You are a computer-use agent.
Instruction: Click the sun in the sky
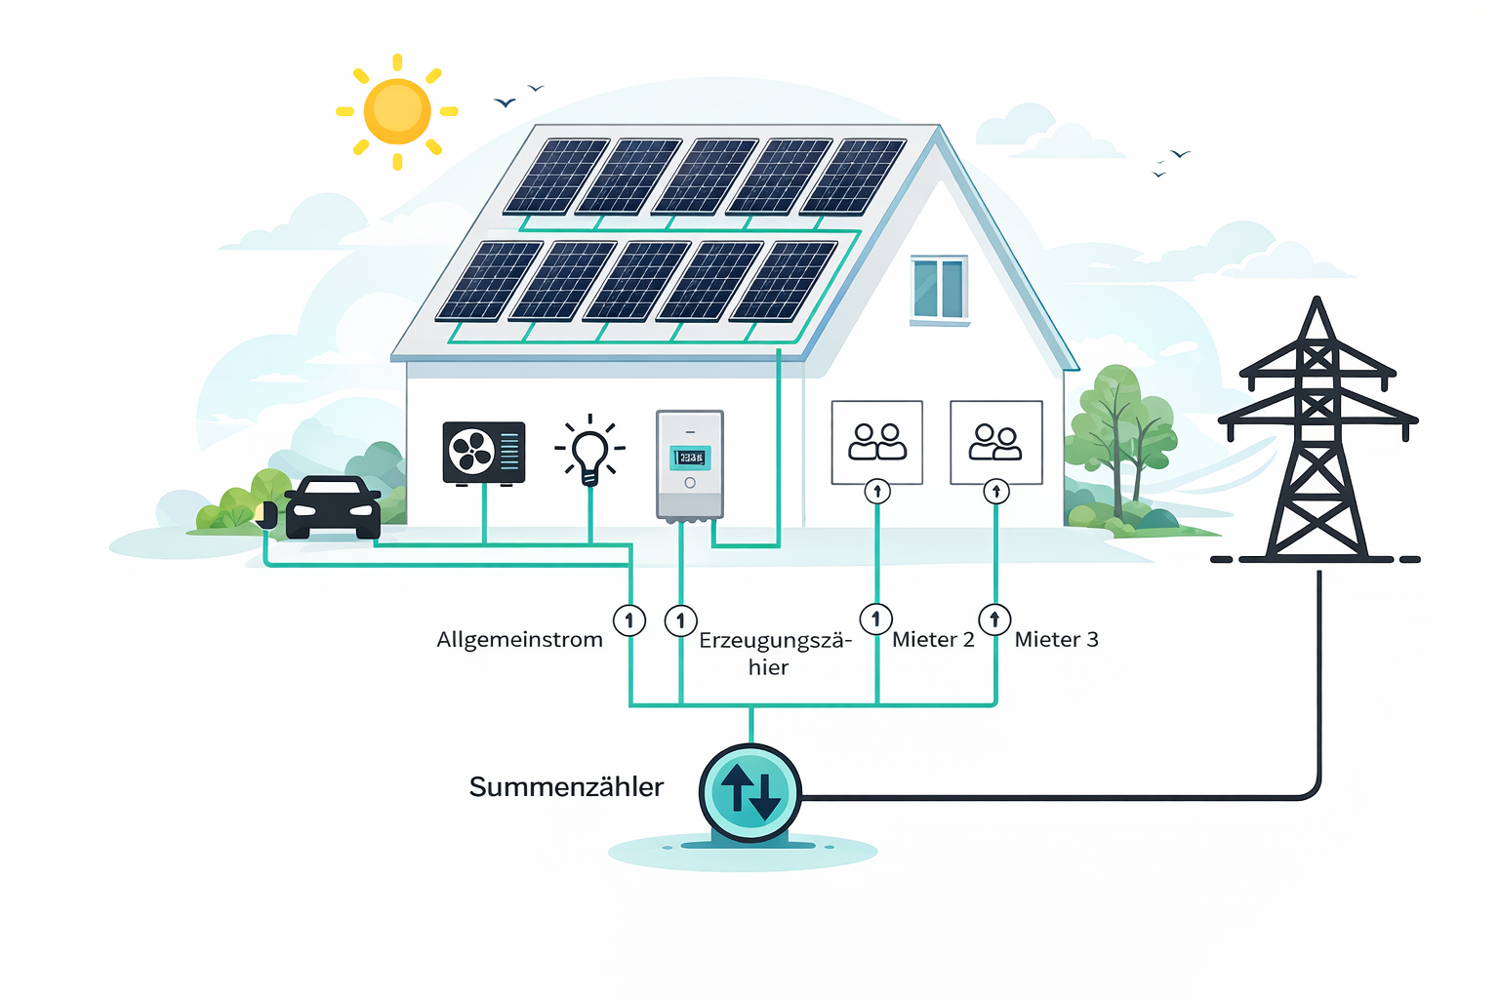pyautogui.click(x=397, y=111)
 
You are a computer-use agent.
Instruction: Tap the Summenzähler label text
pyautogui.click(x=566, y=787)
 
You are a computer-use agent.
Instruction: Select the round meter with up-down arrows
pyautogui.click(x=749, y=793)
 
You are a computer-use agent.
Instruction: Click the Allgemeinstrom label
pyautogui.click(x=519, y=640)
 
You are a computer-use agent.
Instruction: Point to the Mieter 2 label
pyautogui.click(x=933, y=640)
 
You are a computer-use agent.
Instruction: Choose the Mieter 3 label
pyautogui.click(x=1056, y=640)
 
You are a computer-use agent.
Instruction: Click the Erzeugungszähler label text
pyautogui.click(x=775, y=653)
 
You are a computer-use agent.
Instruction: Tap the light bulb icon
pyautogui.click(x=589, y=452)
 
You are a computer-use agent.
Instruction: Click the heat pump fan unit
pyautogui.click(x=484, y=453)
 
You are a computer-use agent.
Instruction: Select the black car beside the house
pyautogui.click(x=333, y=507)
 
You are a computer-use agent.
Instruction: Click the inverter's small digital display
pyautogui.click(x=690, y=458)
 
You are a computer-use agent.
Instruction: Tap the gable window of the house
pyautogui.click(x=939, y=289)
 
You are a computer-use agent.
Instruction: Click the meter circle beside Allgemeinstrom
pyautogui.click(x=629, y=619)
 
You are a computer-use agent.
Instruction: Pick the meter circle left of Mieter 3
pyautogui.click(x=994, y=619)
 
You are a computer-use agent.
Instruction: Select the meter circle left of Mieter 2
pyautogui.click(x=875, y=619)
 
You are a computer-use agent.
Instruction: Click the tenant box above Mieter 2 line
pyautogui.click(x=876, y=442)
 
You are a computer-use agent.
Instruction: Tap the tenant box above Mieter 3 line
pyautogui.click(x=995, y=442)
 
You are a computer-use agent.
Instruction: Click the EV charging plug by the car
pyautogui.click(x=266, y=515)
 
